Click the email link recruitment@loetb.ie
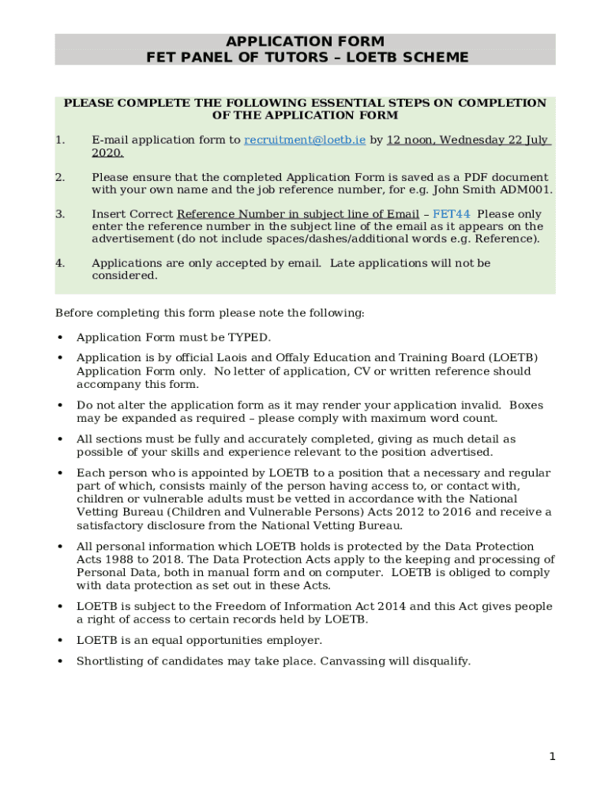point(305,140)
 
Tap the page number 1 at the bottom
point(553,757)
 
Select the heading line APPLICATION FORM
point(305,41)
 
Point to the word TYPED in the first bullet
point(249,337)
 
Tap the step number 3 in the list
point(59,214)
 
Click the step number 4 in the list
point(59,263)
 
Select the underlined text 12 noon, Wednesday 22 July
point(467,140)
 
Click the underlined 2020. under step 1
point(107,152)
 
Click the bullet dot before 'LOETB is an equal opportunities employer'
point(60,640)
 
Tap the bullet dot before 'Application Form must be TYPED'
point(60,337)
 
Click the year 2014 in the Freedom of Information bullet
point(433,607)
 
